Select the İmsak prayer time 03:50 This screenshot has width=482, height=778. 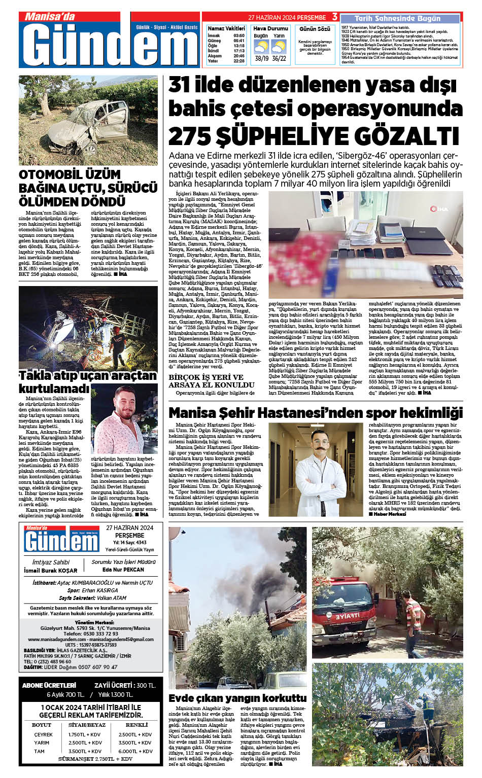coord(239,36)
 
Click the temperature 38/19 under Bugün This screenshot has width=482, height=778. coord(262,58)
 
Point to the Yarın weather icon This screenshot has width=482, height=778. coord(279,47)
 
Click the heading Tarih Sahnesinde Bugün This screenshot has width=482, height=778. coord(397,18)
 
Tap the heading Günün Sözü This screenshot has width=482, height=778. coord(315,29)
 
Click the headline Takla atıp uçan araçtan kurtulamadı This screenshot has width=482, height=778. coord(87,381)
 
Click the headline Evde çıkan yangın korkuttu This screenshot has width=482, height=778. coord(237,698)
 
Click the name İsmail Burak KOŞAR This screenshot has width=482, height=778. coord(51,571)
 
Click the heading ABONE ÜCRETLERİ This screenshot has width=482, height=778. coord(49,685)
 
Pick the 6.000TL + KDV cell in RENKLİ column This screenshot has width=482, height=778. coord(135,751)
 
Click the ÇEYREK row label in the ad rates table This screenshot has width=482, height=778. coord(44,734)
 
